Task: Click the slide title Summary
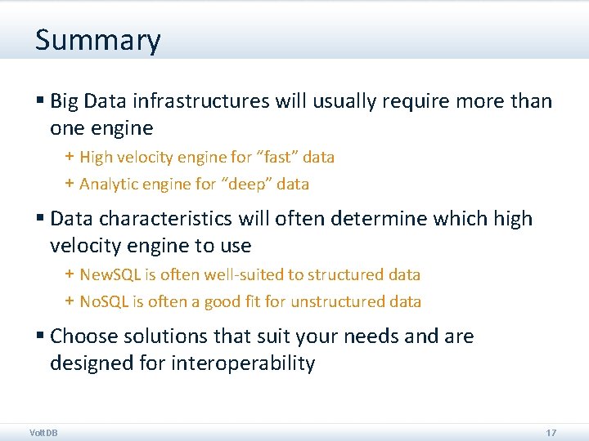[97, 40]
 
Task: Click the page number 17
[551, 432]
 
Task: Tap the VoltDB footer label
[43, 432]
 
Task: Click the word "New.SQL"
[111, 274]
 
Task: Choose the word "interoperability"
[243, 363]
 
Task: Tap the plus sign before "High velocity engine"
[70, 156]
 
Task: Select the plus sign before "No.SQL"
[70, 301]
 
